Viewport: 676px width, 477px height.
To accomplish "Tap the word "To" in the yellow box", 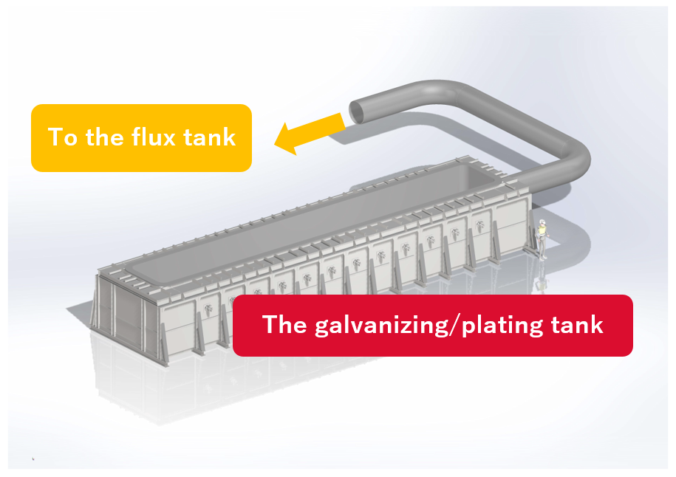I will point(63,137).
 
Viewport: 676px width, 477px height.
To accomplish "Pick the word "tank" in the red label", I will point(576,325).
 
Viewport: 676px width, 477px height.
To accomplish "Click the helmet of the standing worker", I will point(543,223).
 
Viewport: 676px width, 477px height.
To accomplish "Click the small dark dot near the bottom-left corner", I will point(33,459).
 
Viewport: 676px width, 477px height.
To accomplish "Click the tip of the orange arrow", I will point(275,142).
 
